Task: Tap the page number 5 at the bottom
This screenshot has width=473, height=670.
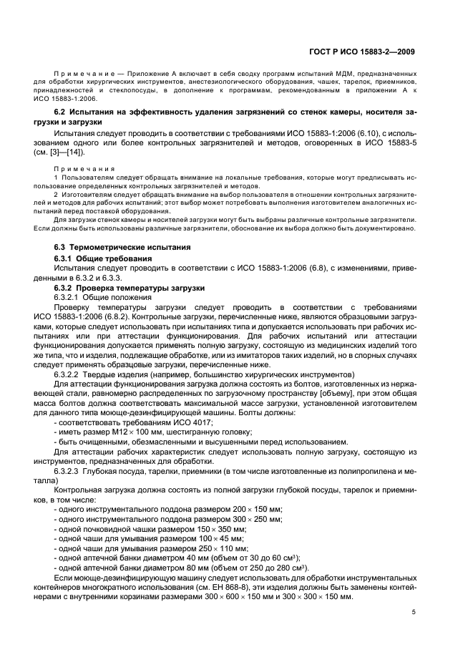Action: [414, 612]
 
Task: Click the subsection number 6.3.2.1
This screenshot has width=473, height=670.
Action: [67, 296]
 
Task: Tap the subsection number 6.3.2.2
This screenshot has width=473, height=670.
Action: [67, 374]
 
